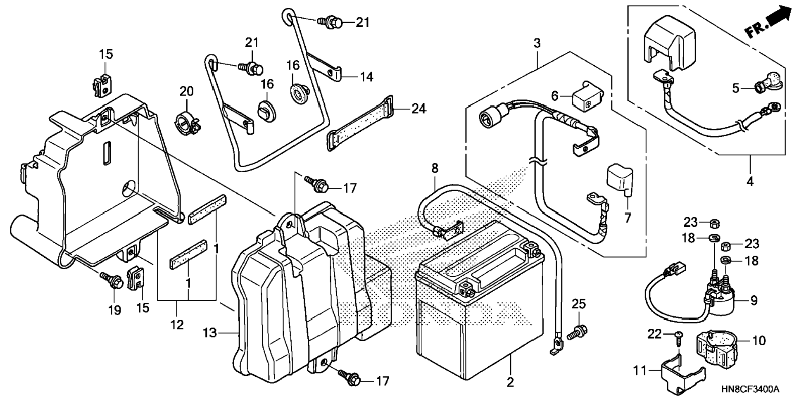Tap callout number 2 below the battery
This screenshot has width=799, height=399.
pos(510,382)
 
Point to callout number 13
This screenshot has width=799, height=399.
pos(210,332)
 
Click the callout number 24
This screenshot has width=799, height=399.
pos(419,109)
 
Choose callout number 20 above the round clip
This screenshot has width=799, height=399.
pos(186,91)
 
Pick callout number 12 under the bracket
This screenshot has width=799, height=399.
pos(177,325)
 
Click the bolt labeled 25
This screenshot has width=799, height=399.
pos(578,331)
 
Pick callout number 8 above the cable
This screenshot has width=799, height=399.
pos(435,169)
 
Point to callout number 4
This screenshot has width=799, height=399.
pos(750,181)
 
